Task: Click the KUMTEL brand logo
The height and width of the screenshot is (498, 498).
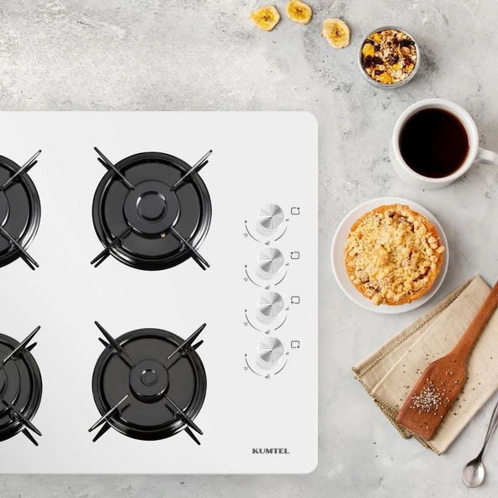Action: click(x=271, y=451)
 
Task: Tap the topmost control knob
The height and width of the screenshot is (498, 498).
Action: click(x=270, y=216)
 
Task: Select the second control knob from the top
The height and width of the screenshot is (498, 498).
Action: click(x=270, y=261)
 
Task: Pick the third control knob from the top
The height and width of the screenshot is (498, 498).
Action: click(x=270, y=305)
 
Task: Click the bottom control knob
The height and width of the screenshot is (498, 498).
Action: click(x=270, y=350)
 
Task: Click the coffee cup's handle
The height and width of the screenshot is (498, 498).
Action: click(x=489, y=156)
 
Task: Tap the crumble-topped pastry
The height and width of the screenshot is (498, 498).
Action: click(x=393, y=254)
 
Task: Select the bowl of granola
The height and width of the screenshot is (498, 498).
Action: click(x=389, y=56)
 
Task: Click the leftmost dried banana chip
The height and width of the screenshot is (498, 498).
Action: click(x=264, y=18)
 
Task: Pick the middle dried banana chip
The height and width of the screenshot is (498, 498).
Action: click(x=299, y=12)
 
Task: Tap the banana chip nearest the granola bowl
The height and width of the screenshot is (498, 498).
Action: click(x=336, y=33)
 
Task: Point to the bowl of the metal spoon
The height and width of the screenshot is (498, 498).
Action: click(x=474, y=474)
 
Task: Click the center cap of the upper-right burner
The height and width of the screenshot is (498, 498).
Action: click(x=151, y=208)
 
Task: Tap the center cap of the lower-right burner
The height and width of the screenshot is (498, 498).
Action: click(x=148, y=378)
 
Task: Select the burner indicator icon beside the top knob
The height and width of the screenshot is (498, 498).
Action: click(x=295, y=211)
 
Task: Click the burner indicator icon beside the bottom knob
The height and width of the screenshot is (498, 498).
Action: click(x=295, y=345)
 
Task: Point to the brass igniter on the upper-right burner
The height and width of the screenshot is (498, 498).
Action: click(x=163, y=236)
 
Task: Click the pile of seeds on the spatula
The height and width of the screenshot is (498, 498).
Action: click(x=426, y=396)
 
